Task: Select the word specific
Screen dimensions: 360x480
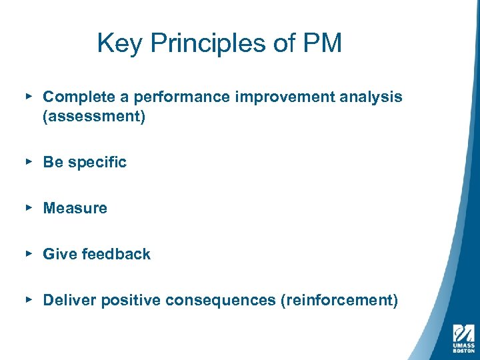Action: point(99,163)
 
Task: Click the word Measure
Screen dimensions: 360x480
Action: point(75,209)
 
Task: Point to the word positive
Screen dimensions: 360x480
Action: point(131,301)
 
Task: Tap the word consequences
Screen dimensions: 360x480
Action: point(220,301)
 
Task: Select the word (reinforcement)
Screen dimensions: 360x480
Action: point(339,301)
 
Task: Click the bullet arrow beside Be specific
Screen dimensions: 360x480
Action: point(29,161)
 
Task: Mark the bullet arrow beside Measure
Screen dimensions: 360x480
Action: point(29,207)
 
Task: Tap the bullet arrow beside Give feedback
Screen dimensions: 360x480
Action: point(29,253)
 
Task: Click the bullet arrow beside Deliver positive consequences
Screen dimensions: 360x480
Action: point(29,299)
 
